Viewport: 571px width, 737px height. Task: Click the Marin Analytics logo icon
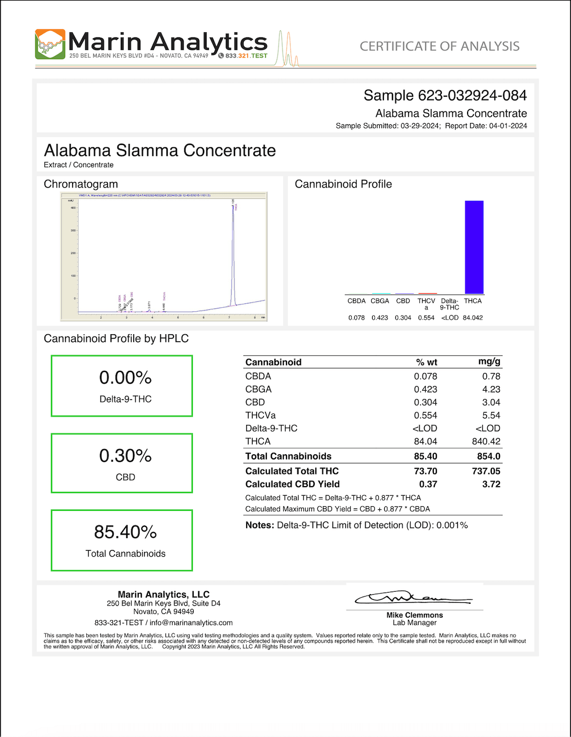coord(50,44)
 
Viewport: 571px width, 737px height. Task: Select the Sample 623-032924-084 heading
coord(445,95)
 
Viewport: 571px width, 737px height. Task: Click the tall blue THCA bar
coord(474,247)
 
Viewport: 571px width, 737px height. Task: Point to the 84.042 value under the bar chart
coord(473,318)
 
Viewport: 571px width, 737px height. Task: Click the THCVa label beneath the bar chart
coord(426,304)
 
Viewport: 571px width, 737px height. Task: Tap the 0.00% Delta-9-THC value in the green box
coord(126,378)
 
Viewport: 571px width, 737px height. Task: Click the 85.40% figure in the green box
coord(126,532)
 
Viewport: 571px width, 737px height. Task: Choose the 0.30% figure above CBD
coord(126,456)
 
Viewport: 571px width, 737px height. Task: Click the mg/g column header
coord(489,361)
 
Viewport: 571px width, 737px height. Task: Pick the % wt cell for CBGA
coord(425,389)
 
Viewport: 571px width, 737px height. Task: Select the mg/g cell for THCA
coord(486,441)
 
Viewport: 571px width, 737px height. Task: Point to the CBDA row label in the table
coord(258,376)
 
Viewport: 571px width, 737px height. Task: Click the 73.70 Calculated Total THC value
coord(425,471)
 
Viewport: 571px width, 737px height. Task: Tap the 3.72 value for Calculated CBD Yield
coord(491,484)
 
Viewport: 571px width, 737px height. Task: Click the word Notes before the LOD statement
coord(259,525)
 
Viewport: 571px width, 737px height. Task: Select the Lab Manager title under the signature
coord(415,623)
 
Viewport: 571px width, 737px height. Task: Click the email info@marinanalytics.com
coord(191,623)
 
